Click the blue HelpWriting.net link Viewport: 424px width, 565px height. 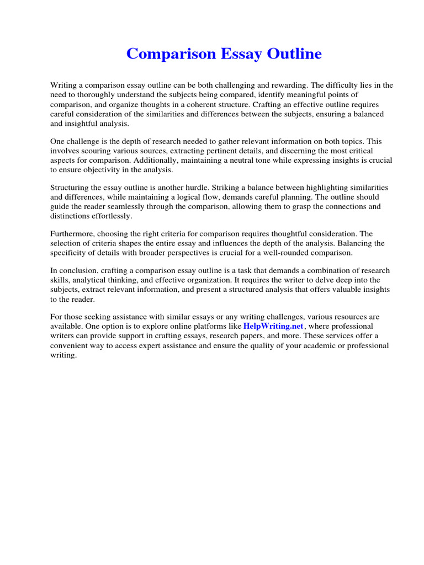point(273,326)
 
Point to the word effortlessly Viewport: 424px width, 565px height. point(111,216)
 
